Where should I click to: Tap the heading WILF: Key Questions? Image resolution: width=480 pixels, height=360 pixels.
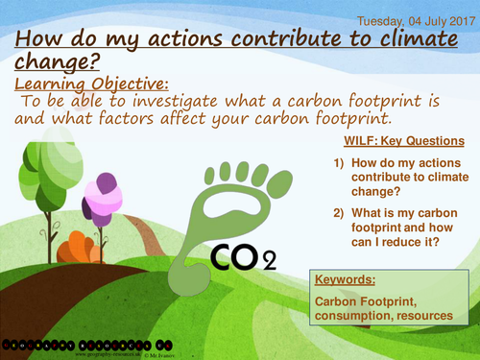(403, 140)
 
